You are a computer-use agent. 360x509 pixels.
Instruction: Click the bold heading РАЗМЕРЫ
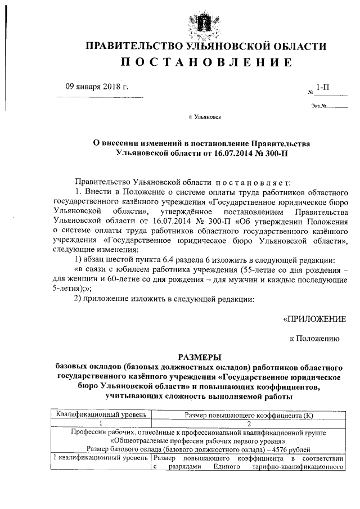[200, 357]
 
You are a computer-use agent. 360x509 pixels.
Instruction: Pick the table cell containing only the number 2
[249, 424]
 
